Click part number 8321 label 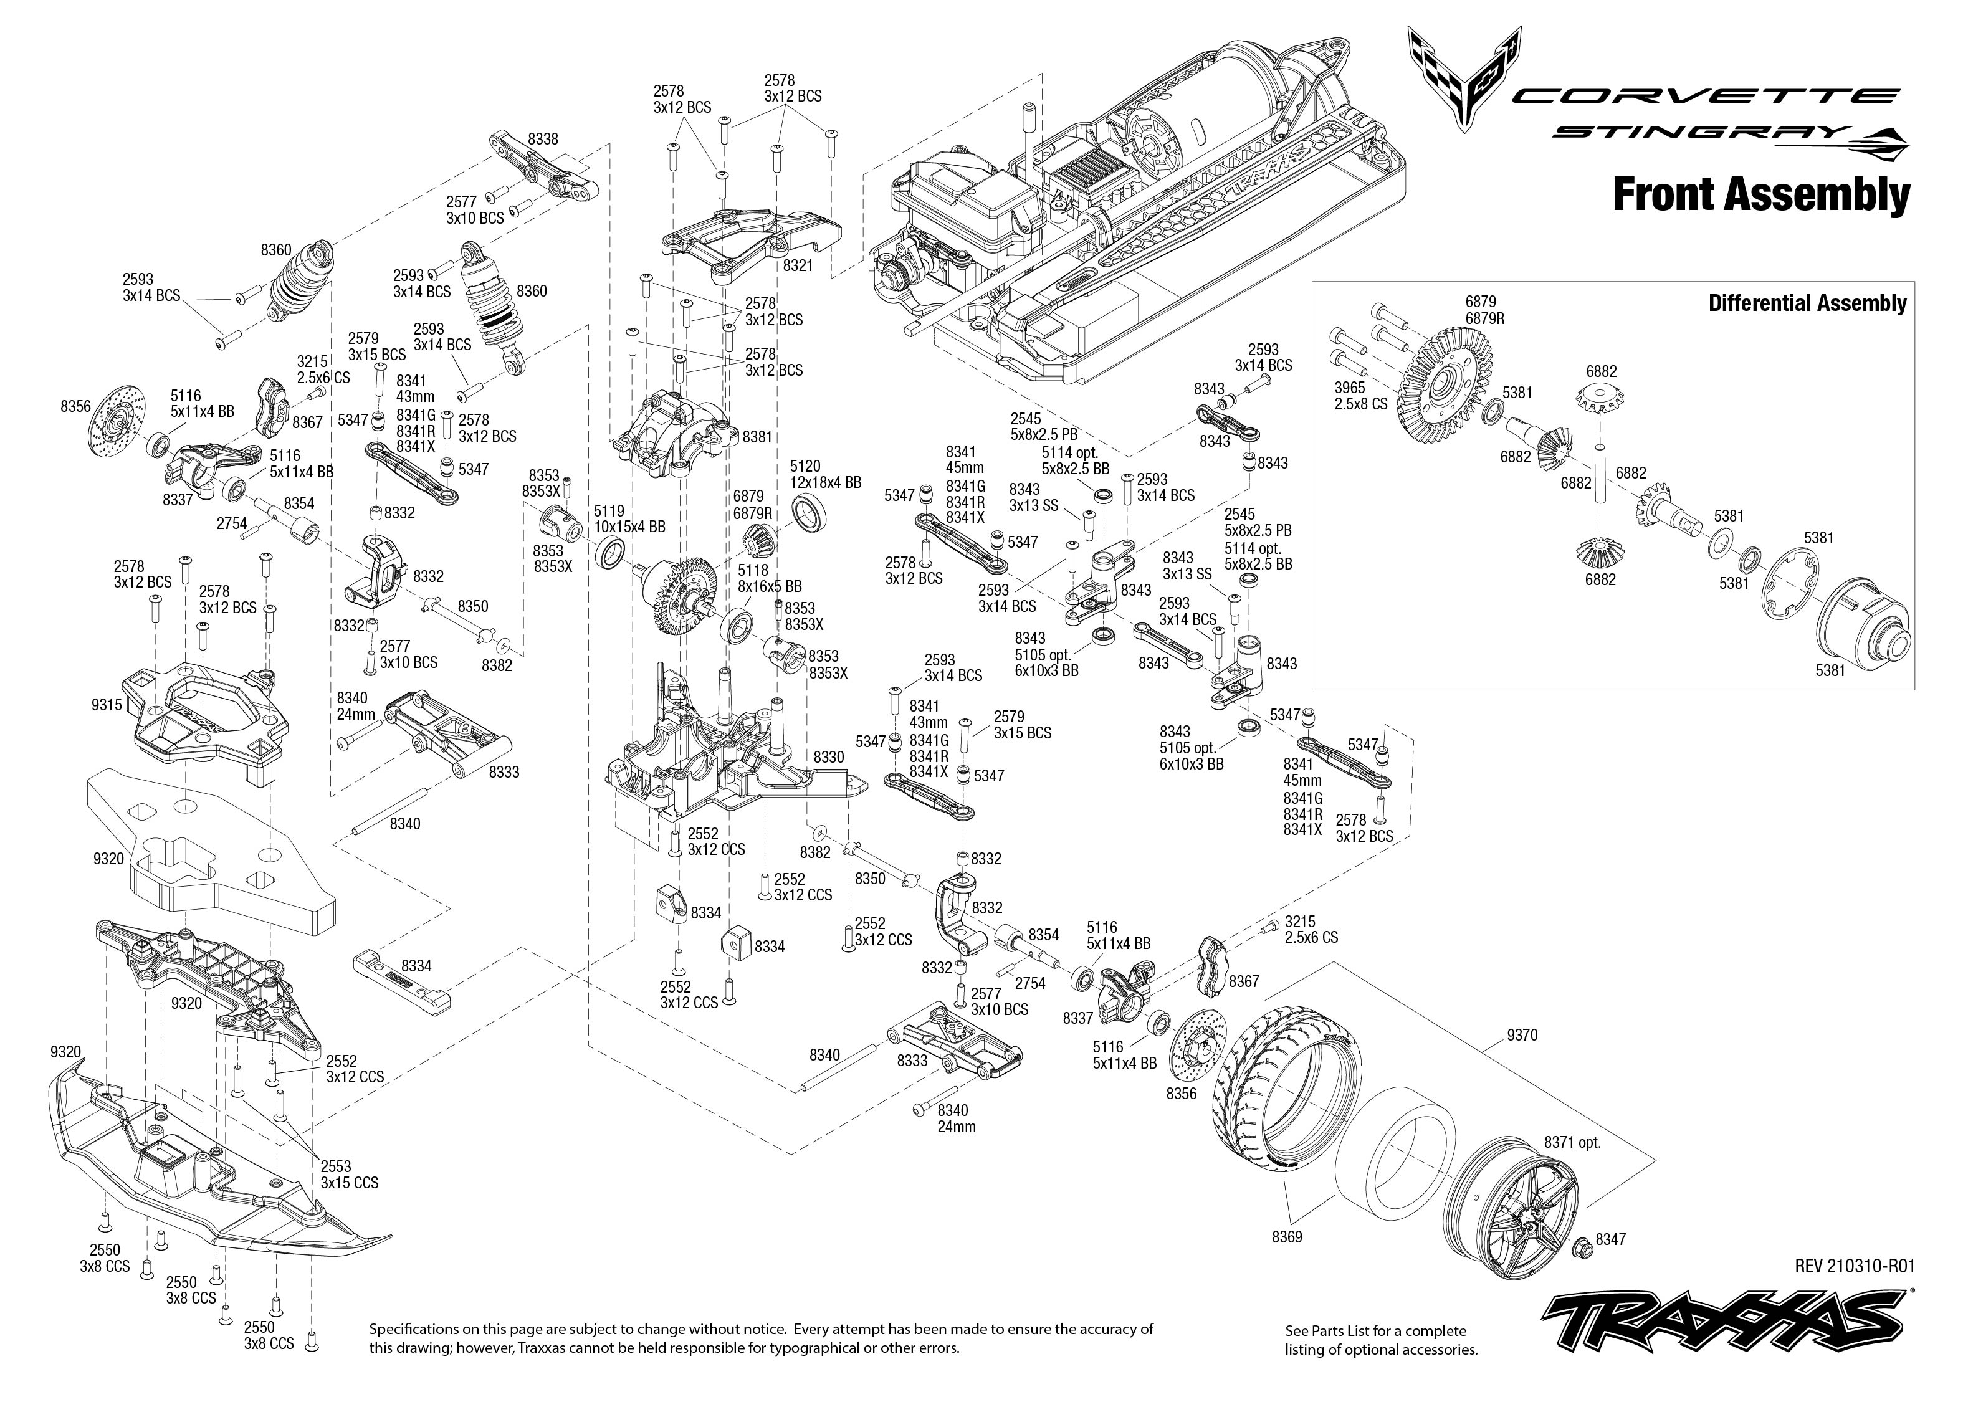[x=797, y=266]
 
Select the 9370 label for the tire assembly [x=1521, y=1035]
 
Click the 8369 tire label [x=1286, y=1237]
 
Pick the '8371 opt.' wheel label [x=1573, y=1142]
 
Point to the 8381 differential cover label [x=757, y=437]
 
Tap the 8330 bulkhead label [x=829, y=757]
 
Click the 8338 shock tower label [x=543, y=138]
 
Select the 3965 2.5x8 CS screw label [x=1360, y=396]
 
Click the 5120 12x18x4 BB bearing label [x=825, y=474]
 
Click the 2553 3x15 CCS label [x=349, y=1174]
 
